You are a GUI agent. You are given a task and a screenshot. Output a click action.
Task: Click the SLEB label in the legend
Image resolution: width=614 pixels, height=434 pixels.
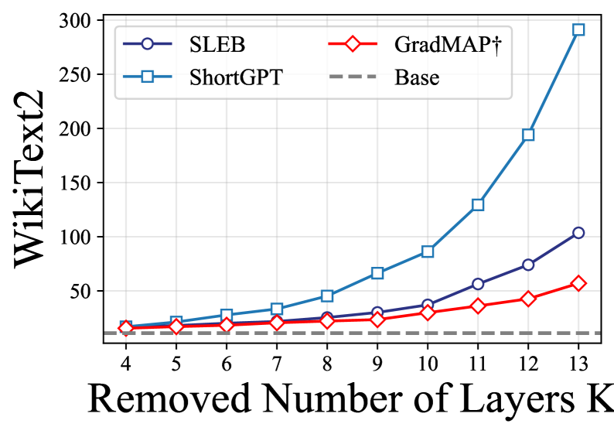(x=217, y=45)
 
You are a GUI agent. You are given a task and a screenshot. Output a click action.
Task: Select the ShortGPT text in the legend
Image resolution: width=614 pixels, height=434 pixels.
(x=236, y=77)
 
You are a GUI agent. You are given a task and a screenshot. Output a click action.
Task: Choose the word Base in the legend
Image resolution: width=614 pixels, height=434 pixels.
(x=417, y=77)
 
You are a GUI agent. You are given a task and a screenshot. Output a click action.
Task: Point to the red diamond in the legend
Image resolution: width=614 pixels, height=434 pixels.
(x=352, y=45)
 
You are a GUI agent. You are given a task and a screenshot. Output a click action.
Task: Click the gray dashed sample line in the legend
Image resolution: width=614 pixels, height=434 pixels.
(x=352, y=77)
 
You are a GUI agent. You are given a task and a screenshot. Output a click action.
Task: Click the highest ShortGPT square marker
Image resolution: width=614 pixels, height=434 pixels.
(x=578, y=29)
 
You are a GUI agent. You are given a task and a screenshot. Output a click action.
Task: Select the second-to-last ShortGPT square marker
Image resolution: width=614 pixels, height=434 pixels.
(x=528, y=135)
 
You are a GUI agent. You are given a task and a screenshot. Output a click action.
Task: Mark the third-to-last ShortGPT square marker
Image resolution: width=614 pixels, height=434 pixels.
(x=478, y=204)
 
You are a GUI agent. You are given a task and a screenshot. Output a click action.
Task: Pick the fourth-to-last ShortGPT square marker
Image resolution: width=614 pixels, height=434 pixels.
(x=428, y=251)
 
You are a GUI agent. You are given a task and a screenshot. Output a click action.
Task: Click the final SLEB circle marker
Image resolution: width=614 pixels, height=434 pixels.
(x=578, y=233)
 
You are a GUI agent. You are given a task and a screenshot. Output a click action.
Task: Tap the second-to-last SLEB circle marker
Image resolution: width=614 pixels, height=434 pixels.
(x=528, y=265)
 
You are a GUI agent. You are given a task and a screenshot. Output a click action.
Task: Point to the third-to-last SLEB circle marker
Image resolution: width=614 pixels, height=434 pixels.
(x=478, y=284)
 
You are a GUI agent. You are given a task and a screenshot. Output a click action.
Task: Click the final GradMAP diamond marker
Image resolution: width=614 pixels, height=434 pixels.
(x=578, y=283)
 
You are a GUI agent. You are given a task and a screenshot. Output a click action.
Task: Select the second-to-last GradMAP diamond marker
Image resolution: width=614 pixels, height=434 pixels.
(x=528, y=298)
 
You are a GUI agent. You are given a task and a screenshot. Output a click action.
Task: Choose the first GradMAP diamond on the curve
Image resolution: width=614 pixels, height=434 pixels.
(x=126, y=328)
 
